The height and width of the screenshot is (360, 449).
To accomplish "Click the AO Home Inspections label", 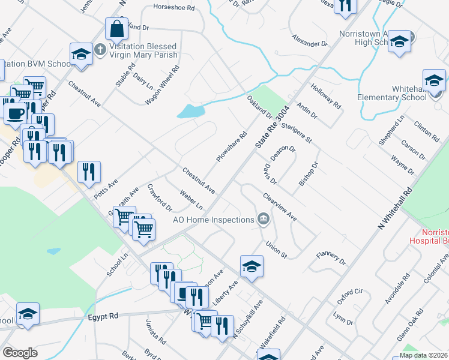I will click(214, 220).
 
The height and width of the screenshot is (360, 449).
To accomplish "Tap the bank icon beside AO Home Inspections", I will click(262, 220).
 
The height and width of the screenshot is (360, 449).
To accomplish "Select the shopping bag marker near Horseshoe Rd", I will click(116, 28).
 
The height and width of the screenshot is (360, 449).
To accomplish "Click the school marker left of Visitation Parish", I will click(81, 53).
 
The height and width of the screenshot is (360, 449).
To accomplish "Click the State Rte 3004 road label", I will click(272, 128).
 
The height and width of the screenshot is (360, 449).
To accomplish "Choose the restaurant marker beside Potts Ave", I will click(89, 172).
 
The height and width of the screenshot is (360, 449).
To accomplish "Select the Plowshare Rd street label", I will click(232, 147).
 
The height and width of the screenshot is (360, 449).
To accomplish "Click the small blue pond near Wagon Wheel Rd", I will click(190, 111).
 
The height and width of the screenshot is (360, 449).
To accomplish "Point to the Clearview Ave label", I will click(280, 206).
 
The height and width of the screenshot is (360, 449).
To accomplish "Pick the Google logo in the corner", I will click(20, 353).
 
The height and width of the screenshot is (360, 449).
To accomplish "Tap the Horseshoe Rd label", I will click(174, 8).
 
